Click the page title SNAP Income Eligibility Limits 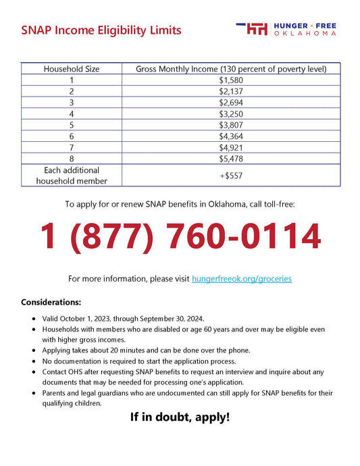(101, 30)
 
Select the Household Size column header (71, 69)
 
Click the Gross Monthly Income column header (231, 69)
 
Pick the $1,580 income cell (231, 80)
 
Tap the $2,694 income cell (231, 103)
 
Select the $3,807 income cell (231, 125)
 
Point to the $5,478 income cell (231, 159)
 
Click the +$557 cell (231, 176)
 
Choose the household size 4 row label (71, 114)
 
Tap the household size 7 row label (71, 147)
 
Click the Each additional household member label (71, 176)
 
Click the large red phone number (180, 236)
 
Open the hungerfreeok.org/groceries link (242, 278)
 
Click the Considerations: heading (51, 302)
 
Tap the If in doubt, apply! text (180, 417)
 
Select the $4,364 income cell (231, 136)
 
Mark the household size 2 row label (71, 92)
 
